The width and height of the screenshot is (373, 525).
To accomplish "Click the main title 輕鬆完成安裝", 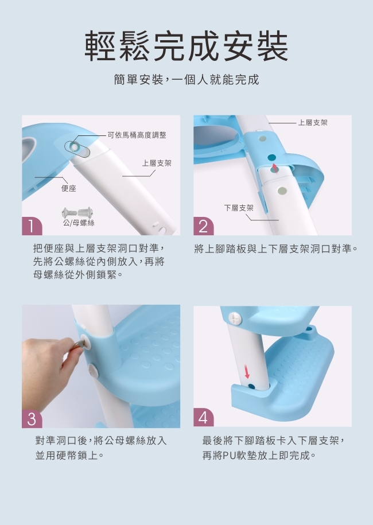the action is (x=186, y=46).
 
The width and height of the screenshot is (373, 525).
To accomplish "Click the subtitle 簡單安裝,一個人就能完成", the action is (x=187, y=80).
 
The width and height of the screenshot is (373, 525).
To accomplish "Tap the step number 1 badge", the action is (x=32, y=226).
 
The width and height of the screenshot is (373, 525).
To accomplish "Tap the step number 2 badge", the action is (x=203, y=226).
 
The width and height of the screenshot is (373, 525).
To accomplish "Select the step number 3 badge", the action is (x=32, y=418).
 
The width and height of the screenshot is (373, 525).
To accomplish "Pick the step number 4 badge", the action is (x=203, y=418).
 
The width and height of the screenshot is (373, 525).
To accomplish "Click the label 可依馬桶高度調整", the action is (x=137, y=135).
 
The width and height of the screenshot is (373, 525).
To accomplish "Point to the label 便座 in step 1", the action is (x=69, y=189).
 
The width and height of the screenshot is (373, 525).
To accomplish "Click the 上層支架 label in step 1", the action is (x=157, y=163).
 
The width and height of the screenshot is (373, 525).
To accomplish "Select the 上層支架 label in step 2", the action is (x=313, y=123).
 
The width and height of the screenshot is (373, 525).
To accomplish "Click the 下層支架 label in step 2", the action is (x=239, y=208).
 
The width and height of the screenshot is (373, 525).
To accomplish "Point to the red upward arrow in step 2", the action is (x=275, y=168).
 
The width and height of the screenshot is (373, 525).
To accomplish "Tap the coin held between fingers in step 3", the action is (x=80, y=344).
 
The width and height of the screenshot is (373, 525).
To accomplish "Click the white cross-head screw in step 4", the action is (x=235, y=318).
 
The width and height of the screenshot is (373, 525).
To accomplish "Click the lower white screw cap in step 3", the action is (x=92, y=370).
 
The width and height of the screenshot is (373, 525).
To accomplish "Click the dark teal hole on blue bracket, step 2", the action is (x=272, y=157).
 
